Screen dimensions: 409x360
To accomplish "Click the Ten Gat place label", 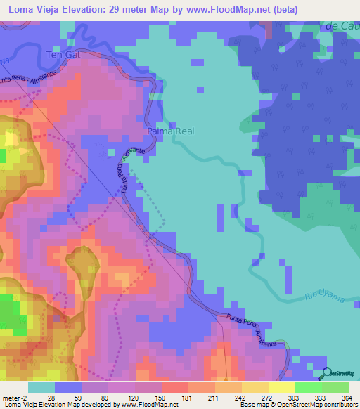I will tap(59, 54).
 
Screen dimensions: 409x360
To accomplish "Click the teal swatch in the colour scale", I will tap(41, 387).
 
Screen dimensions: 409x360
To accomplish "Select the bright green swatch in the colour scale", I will tap(309, 387).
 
